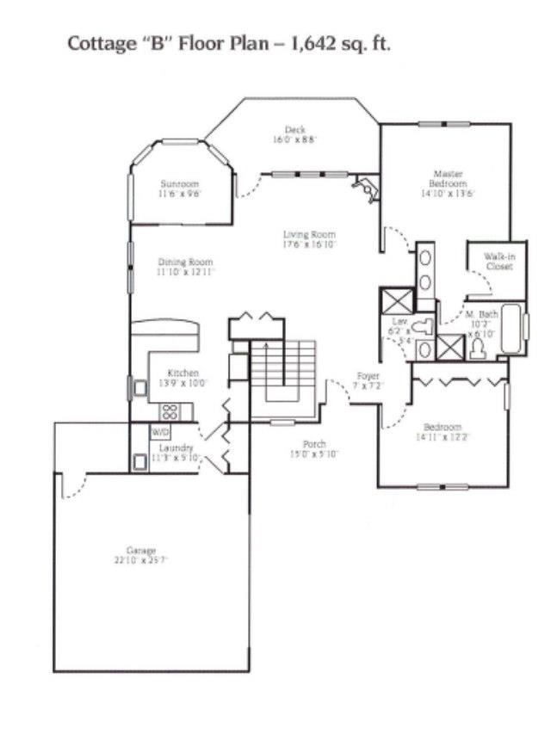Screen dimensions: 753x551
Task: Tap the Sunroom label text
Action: [179, 184]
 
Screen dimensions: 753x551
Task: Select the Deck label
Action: [296, 130]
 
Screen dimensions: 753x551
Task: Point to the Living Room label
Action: [310, 234]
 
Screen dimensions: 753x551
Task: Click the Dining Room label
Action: [185, 262]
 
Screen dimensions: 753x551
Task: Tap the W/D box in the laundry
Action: [161, 431]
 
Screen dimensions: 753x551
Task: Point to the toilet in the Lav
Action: [421, 327]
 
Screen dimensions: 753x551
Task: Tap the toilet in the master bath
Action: [478, 348]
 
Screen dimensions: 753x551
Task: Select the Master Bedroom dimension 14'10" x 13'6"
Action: [449, 194]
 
